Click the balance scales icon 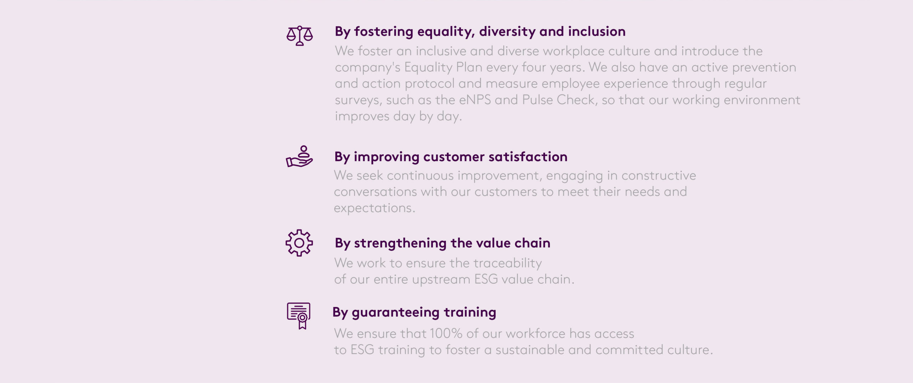[300, 36]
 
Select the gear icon [299, 243]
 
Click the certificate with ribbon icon [299, 316]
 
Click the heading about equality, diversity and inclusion [480, 32]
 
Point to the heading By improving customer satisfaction [451, 157]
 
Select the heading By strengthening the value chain [443, 243]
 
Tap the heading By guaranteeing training [414, 313]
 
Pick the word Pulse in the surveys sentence [537, 100]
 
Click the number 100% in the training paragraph [446, 333]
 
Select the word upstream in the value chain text [441, 279]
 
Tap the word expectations [374, 208]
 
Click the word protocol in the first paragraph [429, 84]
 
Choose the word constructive [659, 176]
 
